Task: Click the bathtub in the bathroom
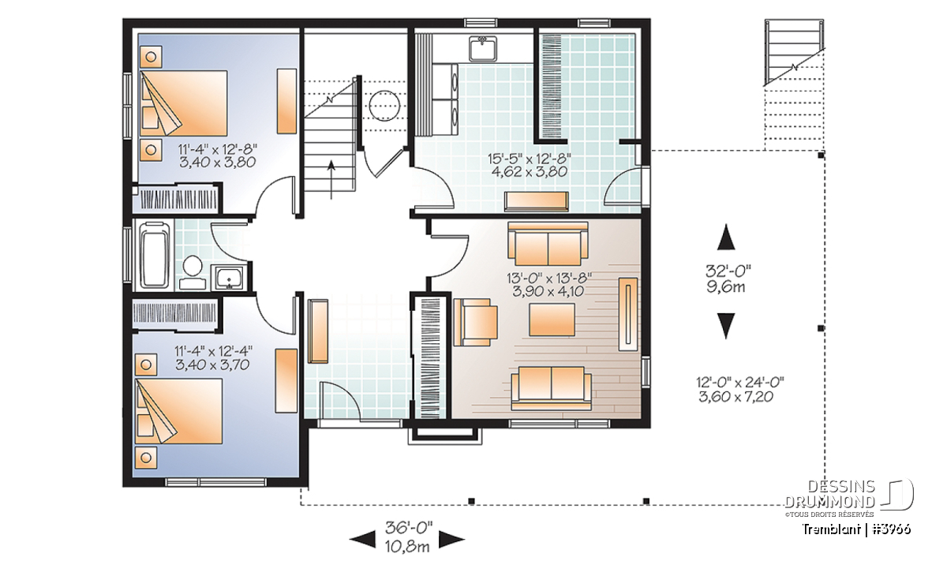pyautogui.click(x=155, y=255)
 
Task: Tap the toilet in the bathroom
pyautogui.click(x=193, y=269)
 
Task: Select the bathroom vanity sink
pyautogui.click(x=229, y=277)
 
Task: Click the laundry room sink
pyautogui.click(x=482, y=49)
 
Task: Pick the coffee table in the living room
pyautogui.click(x=552, y=320)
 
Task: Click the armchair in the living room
pyautogui.click(x=475, y=322)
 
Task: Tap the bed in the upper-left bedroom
pyautogui.click(x=183, y=103)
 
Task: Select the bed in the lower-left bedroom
pyautogui.click(x=178, y=410)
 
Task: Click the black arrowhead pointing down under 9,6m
pyautogui.click(x=726, y=326)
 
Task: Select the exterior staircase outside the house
pyautogui.click(x=795, y=53)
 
